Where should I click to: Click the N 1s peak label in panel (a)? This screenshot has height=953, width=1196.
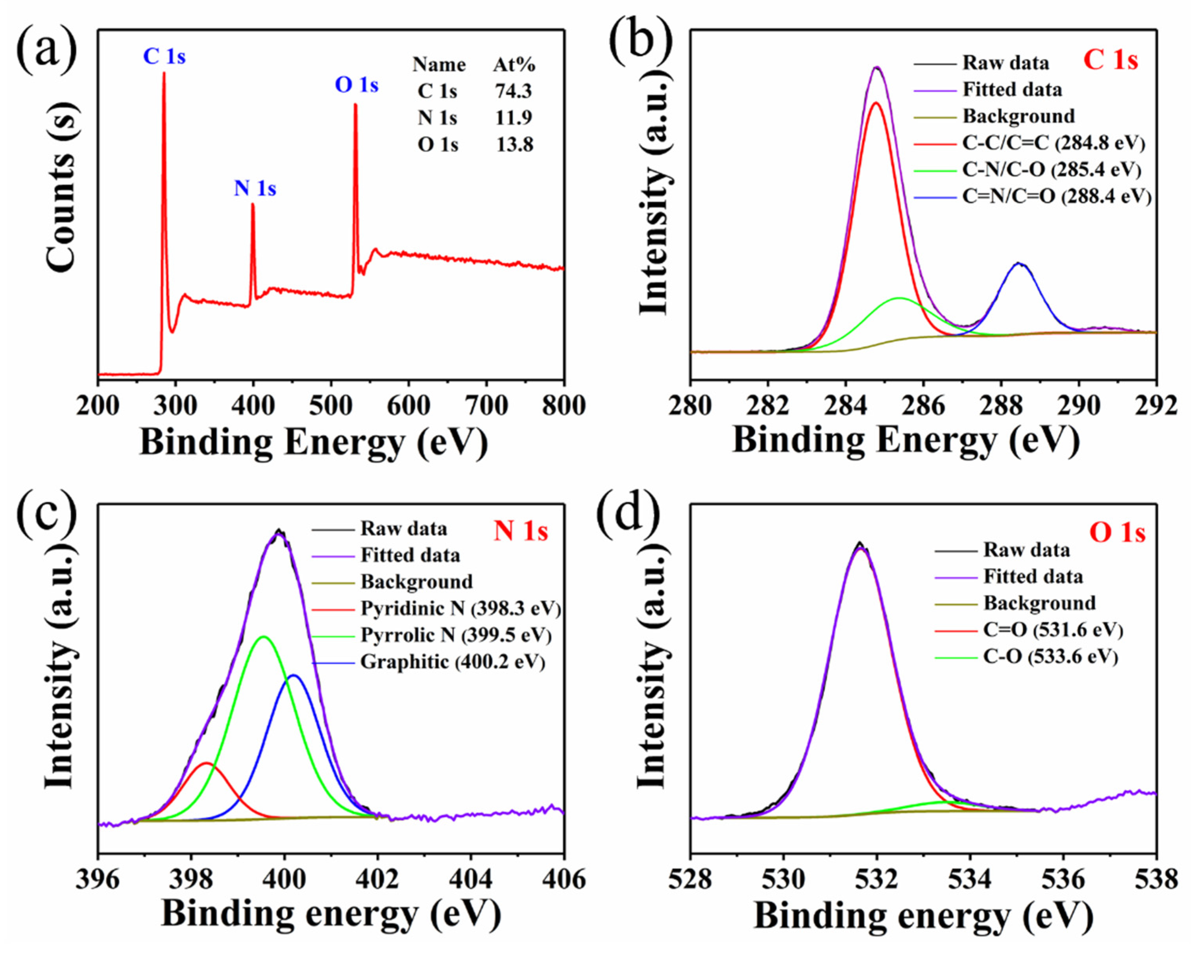[x=255, y=188]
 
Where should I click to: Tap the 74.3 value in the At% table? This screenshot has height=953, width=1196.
[x=514, y=91]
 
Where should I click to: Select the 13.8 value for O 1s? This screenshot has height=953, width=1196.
[x=514, y=145]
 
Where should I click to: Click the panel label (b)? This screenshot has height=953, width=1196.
[x=641, y=42]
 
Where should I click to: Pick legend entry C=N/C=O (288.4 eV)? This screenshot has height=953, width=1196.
[x=1056, y=196]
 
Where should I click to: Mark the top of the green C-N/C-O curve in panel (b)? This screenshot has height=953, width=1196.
[x=899, y=298]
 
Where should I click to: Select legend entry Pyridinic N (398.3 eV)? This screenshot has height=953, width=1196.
[x=460, y=609]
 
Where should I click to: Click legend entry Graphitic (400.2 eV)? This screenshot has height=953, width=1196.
[x=453, y=662]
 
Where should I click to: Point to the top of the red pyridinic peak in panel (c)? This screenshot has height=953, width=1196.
[x=206, y=763]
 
